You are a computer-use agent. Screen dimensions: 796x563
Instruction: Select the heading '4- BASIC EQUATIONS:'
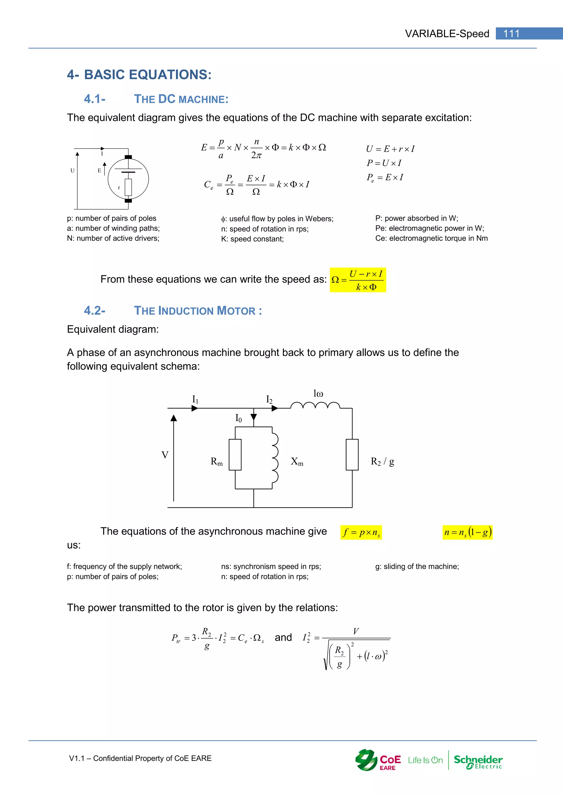tap(139, 74)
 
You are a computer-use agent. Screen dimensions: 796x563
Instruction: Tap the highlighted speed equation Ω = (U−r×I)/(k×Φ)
tap(357, 280)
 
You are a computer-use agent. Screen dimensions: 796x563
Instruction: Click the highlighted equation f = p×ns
tap(361, 532)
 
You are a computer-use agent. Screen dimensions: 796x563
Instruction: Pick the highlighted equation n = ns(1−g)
tap(467, 532)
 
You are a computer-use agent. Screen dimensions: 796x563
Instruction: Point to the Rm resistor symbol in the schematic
tap(235, 455)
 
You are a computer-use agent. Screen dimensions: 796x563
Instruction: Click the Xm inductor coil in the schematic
tap(275, 458)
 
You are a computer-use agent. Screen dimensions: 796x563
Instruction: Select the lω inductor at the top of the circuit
tap(315, 406)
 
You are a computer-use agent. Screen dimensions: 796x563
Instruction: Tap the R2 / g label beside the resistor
tap(382, 461)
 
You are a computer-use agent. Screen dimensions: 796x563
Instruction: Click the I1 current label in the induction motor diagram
tap(195, 399)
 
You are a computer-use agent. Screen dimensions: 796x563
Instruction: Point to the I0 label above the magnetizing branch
tap(239, 418)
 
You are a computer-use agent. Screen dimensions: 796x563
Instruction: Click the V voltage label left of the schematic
tap(165, 455)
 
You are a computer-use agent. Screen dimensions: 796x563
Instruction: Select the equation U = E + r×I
tap(390, 149)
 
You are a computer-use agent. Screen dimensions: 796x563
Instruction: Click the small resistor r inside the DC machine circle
tap(128, 187)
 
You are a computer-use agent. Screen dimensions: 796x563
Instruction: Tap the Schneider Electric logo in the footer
tap(478, 762)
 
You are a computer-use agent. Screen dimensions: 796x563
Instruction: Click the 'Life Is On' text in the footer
tap(425, 760)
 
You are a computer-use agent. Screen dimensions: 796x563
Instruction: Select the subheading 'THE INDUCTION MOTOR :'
tap(198, 311)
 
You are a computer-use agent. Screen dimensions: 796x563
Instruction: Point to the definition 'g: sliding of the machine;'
tap(417, 566)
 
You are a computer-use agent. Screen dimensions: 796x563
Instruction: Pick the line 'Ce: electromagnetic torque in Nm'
tap(431, 238)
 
